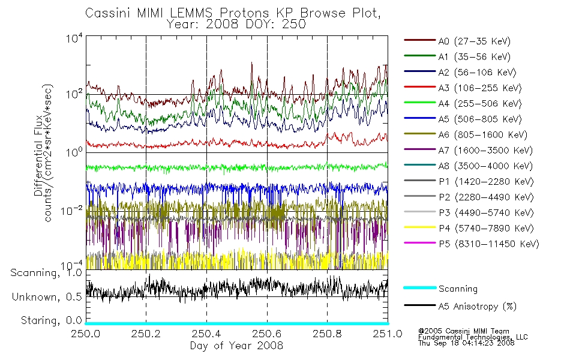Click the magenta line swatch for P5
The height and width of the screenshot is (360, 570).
coord(420,242)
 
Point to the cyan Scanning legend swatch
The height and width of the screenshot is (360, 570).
coord(420,287)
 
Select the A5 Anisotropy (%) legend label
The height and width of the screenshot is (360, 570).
coord(478,307)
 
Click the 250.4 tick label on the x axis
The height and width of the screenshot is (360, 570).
coord(206,334)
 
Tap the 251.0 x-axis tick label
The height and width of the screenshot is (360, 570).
coord(388,334)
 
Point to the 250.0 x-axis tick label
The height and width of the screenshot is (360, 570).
coord(85,334)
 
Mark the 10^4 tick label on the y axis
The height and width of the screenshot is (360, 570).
coord(74,38)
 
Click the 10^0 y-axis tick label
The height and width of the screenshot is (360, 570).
coord(74,152)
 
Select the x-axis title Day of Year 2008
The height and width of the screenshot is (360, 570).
coord(236,346)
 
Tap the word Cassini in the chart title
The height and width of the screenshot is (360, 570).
coord(108,13)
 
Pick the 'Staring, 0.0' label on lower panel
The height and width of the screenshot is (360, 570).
coord(51,320)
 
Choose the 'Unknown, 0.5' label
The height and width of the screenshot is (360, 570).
coord(47,297)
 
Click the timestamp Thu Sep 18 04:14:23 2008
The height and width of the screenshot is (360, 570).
coord(466,343)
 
